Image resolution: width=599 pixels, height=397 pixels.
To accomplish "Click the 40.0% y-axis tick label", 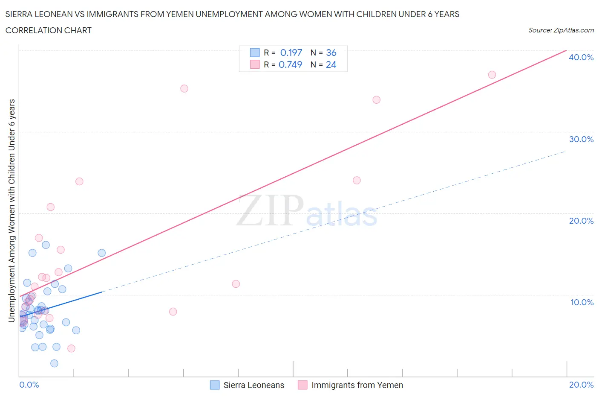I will [x=581, y=57].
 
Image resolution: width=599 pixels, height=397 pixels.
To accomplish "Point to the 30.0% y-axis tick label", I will [x=581, y=139].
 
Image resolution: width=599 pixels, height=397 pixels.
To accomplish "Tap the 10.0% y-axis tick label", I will [x=582, y=302].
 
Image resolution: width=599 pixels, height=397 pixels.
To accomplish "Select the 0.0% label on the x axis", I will [x=29, y=385].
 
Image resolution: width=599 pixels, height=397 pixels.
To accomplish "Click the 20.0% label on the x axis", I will [x=581, y=385].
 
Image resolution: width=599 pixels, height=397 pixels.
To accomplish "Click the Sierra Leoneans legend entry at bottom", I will [x=253, y=385].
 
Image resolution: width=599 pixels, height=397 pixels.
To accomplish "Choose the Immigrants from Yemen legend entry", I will [x=357, y=385].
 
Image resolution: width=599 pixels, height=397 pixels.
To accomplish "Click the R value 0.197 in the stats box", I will [x=291, y=53].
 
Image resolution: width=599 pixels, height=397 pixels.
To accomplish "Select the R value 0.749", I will [x=290, y=64].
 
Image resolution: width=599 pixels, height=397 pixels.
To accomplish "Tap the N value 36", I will [x=331, y=53].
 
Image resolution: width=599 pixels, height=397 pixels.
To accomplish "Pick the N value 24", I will [x=331, y=64].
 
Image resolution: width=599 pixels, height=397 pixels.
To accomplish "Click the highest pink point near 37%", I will [x=492, y=75].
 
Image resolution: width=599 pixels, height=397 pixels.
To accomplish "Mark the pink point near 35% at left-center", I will [x=184, y=88].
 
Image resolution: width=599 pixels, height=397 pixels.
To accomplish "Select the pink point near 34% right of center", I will [x=376, y=100].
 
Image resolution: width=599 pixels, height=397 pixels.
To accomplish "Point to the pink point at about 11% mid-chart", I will [x=236, y=284].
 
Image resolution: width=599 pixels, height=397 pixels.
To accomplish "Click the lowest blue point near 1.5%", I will [x=54, y=363].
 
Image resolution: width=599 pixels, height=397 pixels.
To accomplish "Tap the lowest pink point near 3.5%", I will [x=72, y=348].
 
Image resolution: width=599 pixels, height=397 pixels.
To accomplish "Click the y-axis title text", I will [x=12, y=210].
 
